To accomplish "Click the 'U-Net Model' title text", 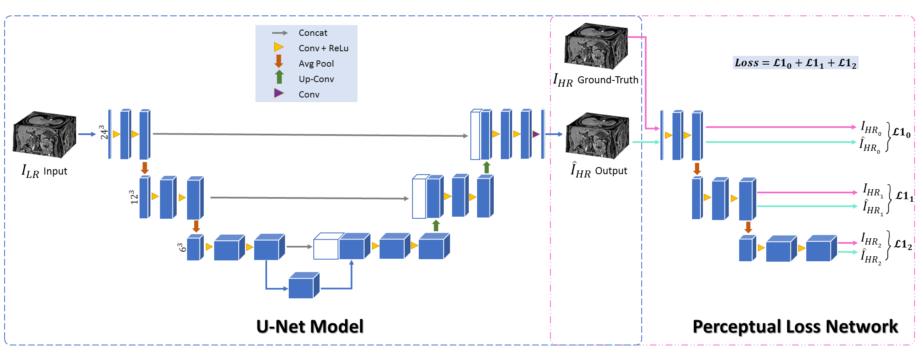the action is [x=310, y=326].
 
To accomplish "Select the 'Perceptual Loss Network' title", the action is [x=795, y=326].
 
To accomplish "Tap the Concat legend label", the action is [x=313, y=33].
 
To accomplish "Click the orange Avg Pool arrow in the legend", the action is [x=279, y=61].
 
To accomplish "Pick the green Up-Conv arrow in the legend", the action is [x=279, y=77].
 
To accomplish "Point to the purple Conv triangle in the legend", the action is [x=279, y=93].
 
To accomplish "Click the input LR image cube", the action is [x=45, y=135].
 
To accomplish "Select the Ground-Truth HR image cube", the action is [x=596, y=46].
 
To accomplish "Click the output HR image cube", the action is [x=597, y=136].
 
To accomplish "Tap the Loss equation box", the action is [x=795, y=62].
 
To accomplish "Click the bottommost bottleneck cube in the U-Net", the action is [x=304, y=285].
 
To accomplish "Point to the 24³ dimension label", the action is [x=103, y=132].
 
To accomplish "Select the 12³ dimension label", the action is [x=133, y=197].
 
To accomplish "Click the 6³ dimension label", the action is [x=181, y=247].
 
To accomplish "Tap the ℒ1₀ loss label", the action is [x=901, y=132].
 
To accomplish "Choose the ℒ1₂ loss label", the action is [x=903, y=244].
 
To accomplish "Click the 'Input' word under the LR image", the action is [x=55, y=171].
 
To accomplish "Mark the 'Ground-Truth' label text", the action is [x=608, y=80].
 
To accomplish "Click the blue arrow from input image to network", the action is [x=87, y=134].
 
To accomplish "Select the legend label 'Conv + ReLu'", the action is [x=323, y=48].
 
